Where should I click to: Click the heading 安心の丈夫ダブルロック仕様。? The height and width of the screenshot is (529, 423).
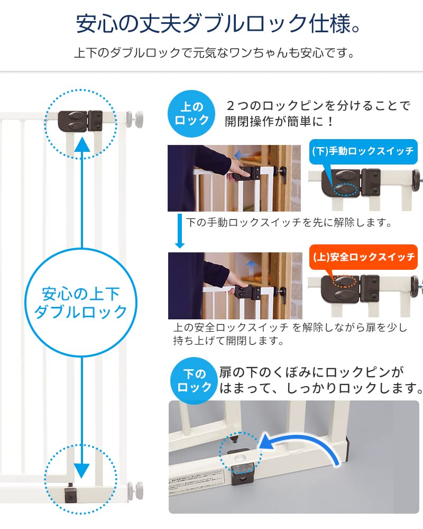212,24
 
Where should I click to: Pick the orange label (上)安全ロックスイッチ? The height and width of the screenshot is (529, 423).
363,258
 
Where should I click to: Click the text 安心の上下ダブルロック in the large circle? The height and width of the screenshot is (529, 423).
81,302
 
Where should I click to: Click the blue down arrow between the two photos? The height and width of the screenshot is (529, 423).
179,231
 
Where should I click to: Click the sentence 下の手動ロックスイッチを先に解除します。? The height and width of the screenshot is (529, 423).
289,223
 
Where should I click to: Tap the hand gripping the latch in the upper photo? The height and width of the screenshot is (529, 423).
241,172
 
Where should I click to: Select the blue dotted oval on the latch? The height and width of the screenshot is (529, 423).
344,188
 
